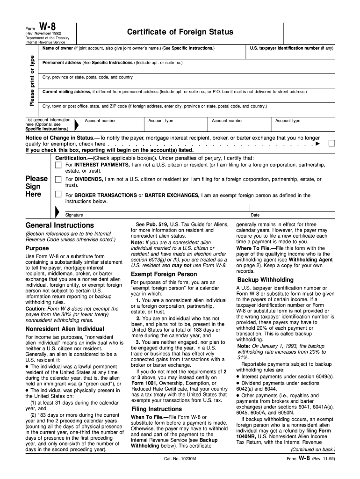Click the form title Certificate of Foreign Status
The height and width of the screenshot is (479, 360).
(x=180, y=32)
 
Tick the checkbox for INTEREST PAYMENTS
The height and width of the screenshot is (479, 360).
(x=58, y=165)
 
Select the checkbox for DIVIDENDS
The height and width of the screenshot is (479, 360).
(x=58, y=180)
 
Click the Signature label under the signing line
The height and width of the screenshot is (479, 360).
(x=74, y=215)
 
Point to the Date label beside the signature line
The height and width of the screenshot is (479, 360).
(x=255, y=215)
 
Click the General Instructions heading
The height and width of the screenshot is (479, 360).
(x=59, y=225)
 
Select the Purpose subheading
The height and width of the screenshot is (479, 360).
(x=37, y=248)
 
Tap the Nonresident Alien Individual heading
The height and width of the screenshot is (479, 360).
(x=65, y=329)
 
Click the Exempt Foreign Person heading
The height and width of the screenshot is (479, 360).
(x=164, y=274)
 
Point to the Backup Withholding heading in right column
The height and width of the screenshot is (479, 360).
(x=265, y=280)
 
